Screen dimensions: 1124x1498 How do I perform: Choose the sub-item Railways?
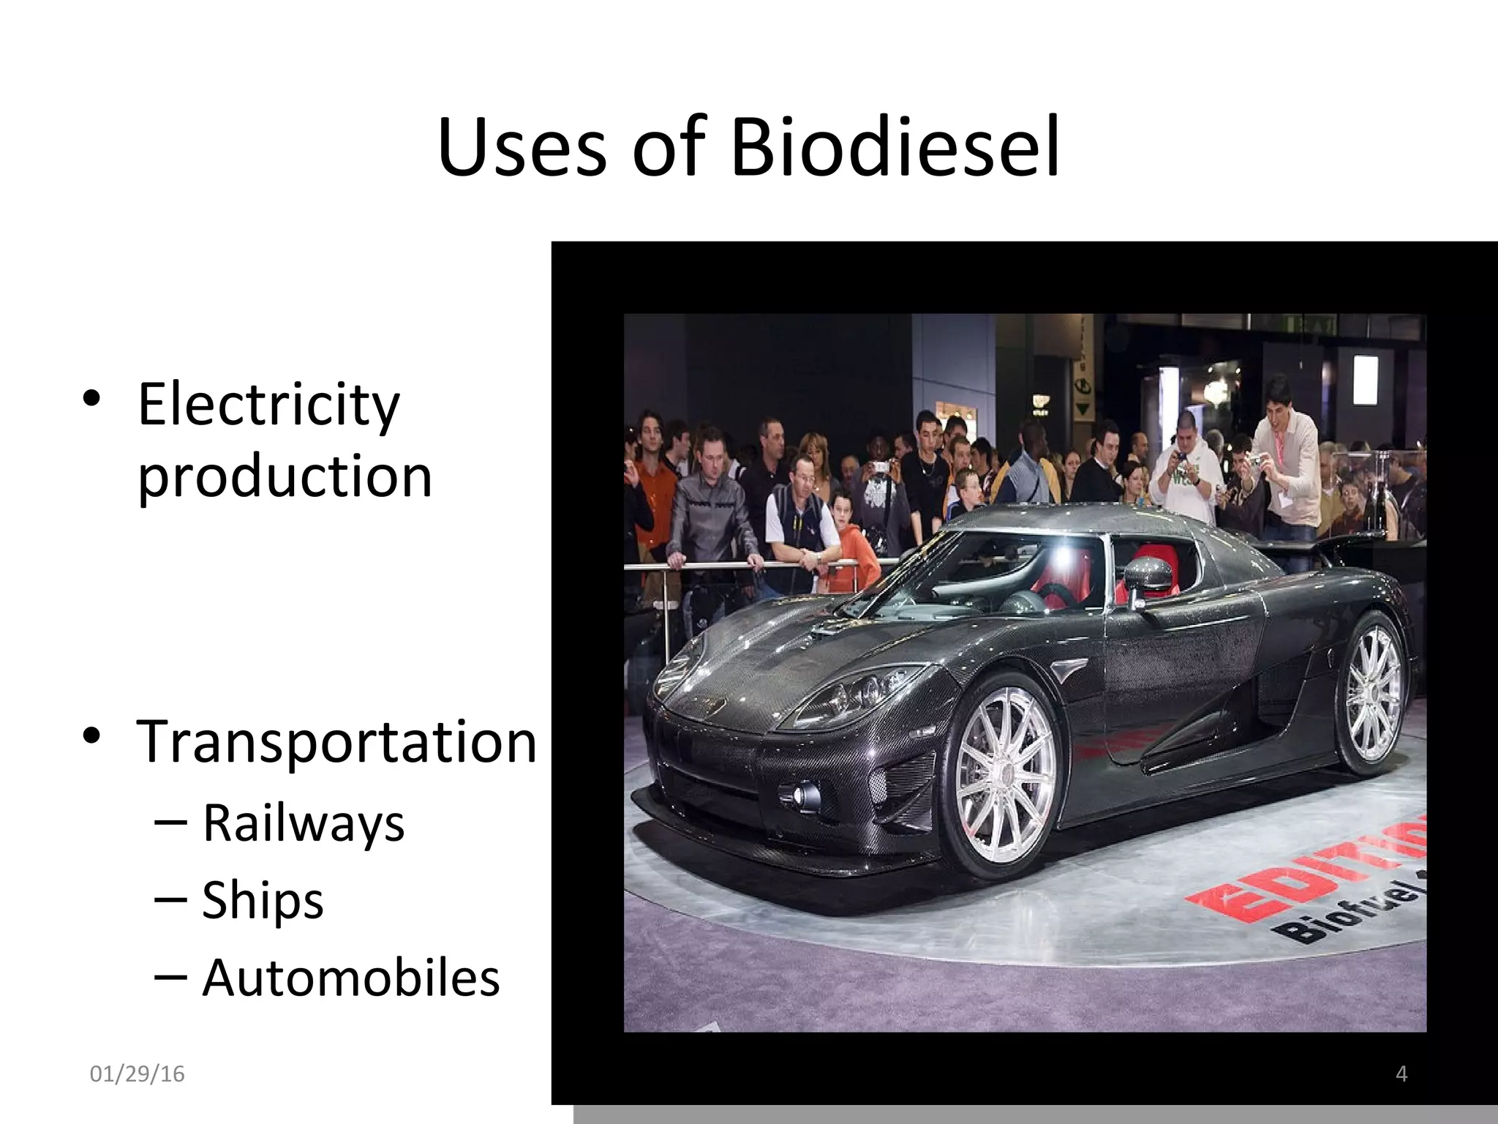coord(303,823)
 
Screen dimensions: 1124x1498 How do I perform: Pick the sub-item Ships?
coord(262,900)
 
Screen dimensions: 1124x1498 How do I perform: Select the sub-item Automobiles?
coord(350,978)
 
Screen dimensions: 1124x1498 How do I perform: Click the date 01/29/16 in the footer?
coord(137,1074)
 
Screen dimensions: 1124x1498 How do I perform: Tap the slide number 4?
coord(1401,1074)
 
